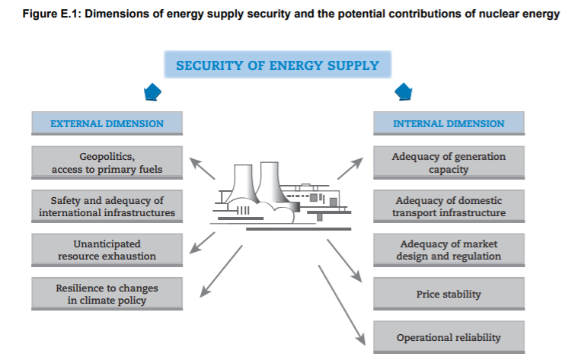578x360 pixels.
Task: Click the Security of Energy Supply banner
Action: point(277,65)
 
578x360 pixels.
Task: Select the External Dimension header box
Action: point(107,123)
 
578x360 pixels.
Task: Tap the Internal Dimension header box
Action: point(449,123)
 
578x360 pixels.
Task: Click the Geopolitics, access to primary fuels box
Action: point(107,163)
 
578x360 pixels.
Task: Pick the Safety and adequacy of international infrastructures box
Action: point(107,206)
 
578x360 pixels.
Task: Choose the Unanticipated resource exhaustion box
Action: point(107,250)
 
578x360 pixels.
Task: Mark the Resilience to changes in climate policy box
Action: point(107,294)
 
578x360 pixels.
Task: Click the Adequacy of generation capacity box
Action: point(449,163)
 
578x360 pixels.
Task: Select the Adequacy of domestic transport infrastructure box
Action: point(449,206)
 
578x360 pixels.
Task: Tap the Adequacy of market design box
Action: point(449,250)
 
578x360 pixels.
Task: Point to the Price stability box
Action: point(449,294)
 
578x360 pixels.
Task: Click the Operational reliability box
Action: point(449,337)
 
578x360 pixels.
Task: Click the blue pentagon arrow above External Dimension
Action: point(152,92)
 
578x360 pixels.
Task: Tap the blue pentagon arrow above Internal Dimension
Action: point(404,92)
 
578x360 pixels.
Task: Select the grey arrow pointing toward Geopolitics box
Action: point(202,168)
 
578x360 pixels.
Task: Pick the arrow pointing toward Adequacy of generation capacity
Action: point(350,168)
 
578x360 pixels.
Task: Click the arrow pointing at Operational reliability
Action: point(342,305)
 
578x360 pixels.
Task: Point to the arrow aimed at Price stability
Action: point(344,261)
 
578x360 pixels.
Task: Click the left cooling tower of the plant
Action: point(243,184)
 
